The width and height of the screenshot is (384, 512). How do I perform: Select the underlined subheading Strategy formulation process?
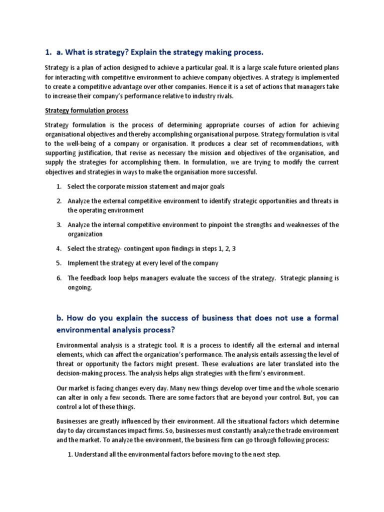[86, 110]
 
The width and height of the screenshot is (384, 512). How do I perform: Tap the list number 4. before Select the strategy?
[59, 248]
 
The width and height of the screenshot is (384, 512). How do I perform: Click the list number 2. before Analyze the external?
[59, 201]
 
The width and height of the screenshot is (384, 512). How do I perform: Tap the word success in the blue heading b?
[173, 318]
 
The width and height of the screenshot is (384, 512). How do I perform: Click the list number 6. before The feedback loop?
[59, 277]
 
